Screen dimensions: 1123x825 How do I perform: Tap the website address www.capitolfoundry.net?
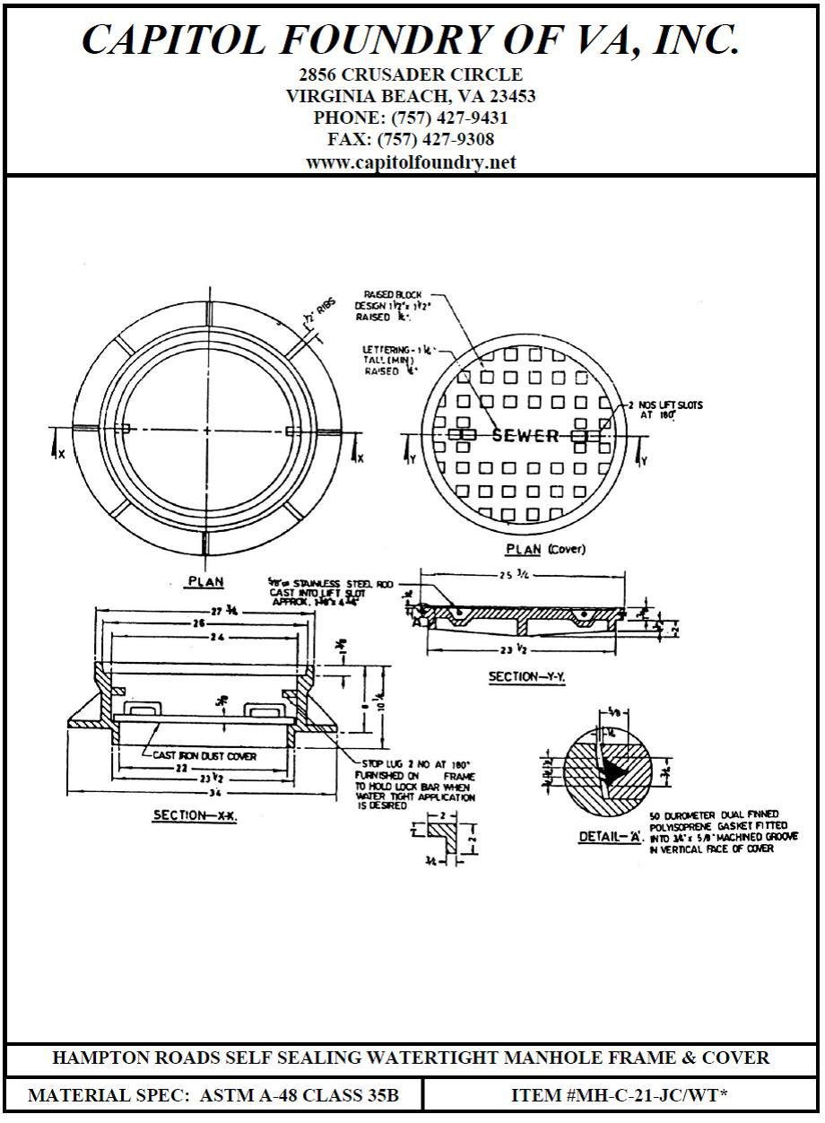pyautogui.click(x=411, y=162)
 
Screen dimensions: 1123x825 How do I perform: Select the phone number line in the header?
pyautogui.click(x=411, y=118)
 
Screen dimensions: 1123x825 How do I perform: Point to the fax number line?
pyautogui.click(x=411, y=140)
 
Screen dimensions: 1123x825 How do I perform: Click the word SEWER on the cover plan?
pyautogui.click(x=525, y=436)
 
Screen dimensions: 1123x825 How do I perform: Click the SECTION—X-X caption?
pyautogui.click(x=195, y=815)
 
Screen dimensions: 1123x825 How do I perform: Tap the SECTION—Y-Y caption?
pyautogui.click(x=526, y=677)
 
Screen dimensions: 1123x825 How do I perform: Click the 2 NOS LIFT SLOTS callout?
pyautogui.click(x=664, y=410)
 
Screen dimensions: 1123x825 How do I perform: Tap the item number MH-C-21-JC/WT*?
pyautogui.click(x=622, y=1095)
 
